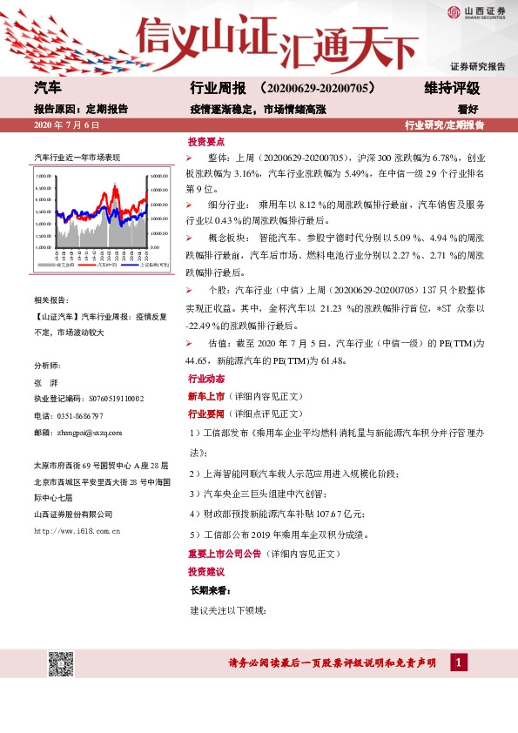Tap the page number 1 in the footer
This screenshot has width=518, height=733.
click(x=457, y=663)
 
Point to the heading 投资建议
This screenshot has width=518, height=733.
click(x=206, y=572)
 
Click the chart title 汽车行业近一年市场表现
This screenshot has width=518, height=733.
click(x=77, y=157)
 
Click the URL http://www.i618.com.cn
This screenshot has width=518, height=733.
click(x=76, y=530)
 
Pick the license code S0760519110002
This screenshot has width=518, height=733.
click(x=104, y=399)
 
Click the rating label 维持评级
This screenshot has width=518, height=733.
click(x=451, y=89)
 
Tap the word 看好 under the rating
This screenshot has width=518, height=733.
click(x=468, y=110)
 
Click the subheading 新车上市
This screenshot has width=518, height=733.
click(x=205, y=397)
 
